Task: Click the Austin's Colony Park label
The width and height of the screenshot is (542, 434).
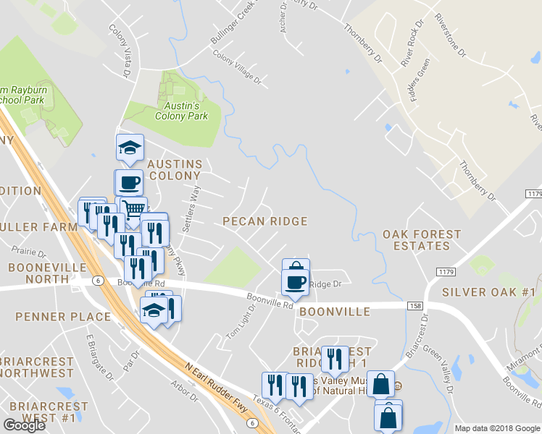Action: (181, 111)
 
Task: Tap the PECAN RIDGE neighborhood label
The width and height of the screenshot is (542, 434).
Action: (264, 221)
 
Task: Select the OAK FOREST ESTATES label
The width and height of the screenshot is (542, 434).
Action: (422, 240)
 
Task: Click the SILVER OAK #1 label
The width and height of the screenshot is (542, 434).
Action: (488, 292)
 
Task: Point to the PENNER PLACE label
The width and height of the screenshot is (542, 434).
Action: (63, 317)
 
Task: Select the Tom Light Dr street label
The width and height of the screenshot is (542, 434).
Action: (242, 322)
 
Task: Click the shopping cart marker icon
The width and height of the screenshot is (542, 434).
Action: (134, 209)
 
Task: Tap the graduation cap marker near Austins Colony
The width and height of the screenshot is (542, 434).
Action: (130, 148)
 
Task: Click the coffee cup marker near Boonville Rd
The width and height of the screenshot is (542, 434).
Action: (295, 281)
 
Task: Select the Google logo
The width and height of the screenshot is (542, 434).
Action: (24, 425)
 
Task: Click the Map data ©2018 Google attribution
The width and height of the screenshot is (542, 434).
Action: (497, 428)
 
